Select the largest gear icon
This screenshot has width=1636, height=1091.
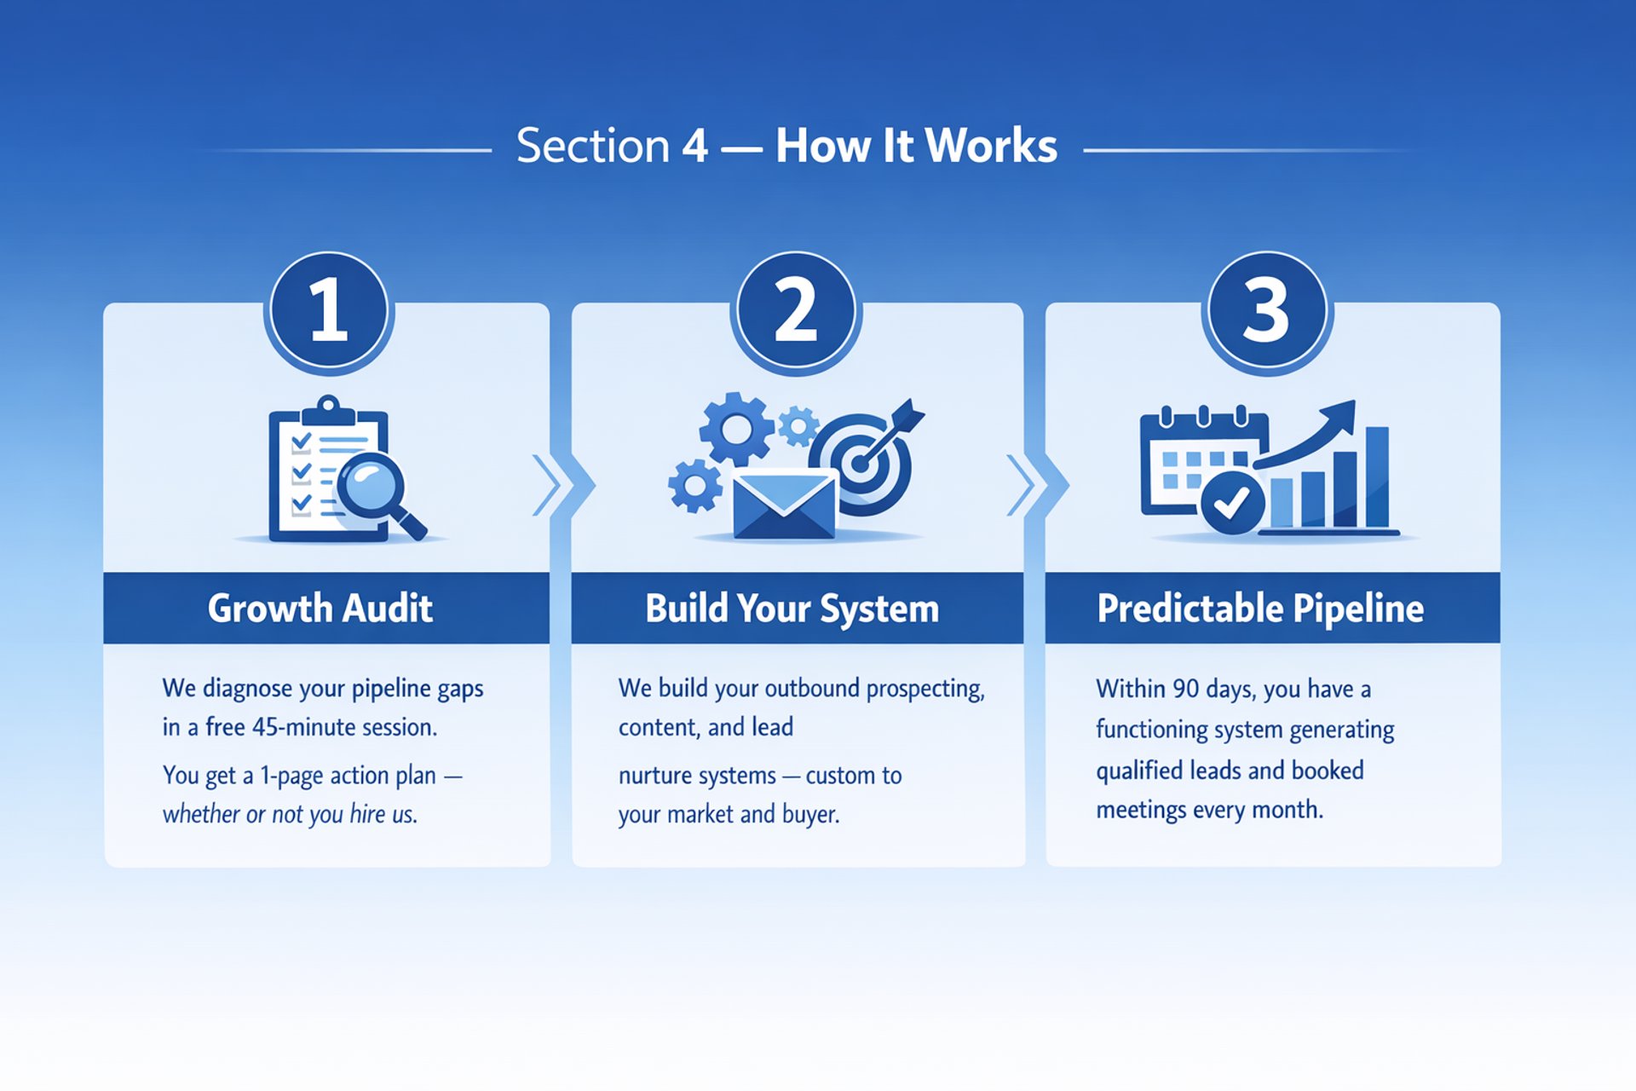coord(736,429)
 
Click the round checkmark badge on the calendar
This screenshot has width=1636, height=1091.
coord(1231,503)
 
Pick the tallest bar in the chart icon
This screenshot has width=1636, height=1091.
coord(1377,477)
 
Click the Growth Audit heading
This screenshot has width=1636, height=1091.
coord(320,609)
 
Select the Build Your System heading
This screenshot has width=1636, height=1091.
coord(792,609)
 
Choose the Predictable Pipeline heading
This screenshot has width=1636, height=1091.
coord(1260,609)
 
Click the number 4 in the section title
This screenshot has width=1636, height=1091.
coord(694,146)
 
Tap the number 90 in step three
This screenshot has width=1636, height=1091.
coord(1185,689)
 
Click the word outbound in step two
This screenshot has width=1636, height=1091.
coord(812,688)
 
